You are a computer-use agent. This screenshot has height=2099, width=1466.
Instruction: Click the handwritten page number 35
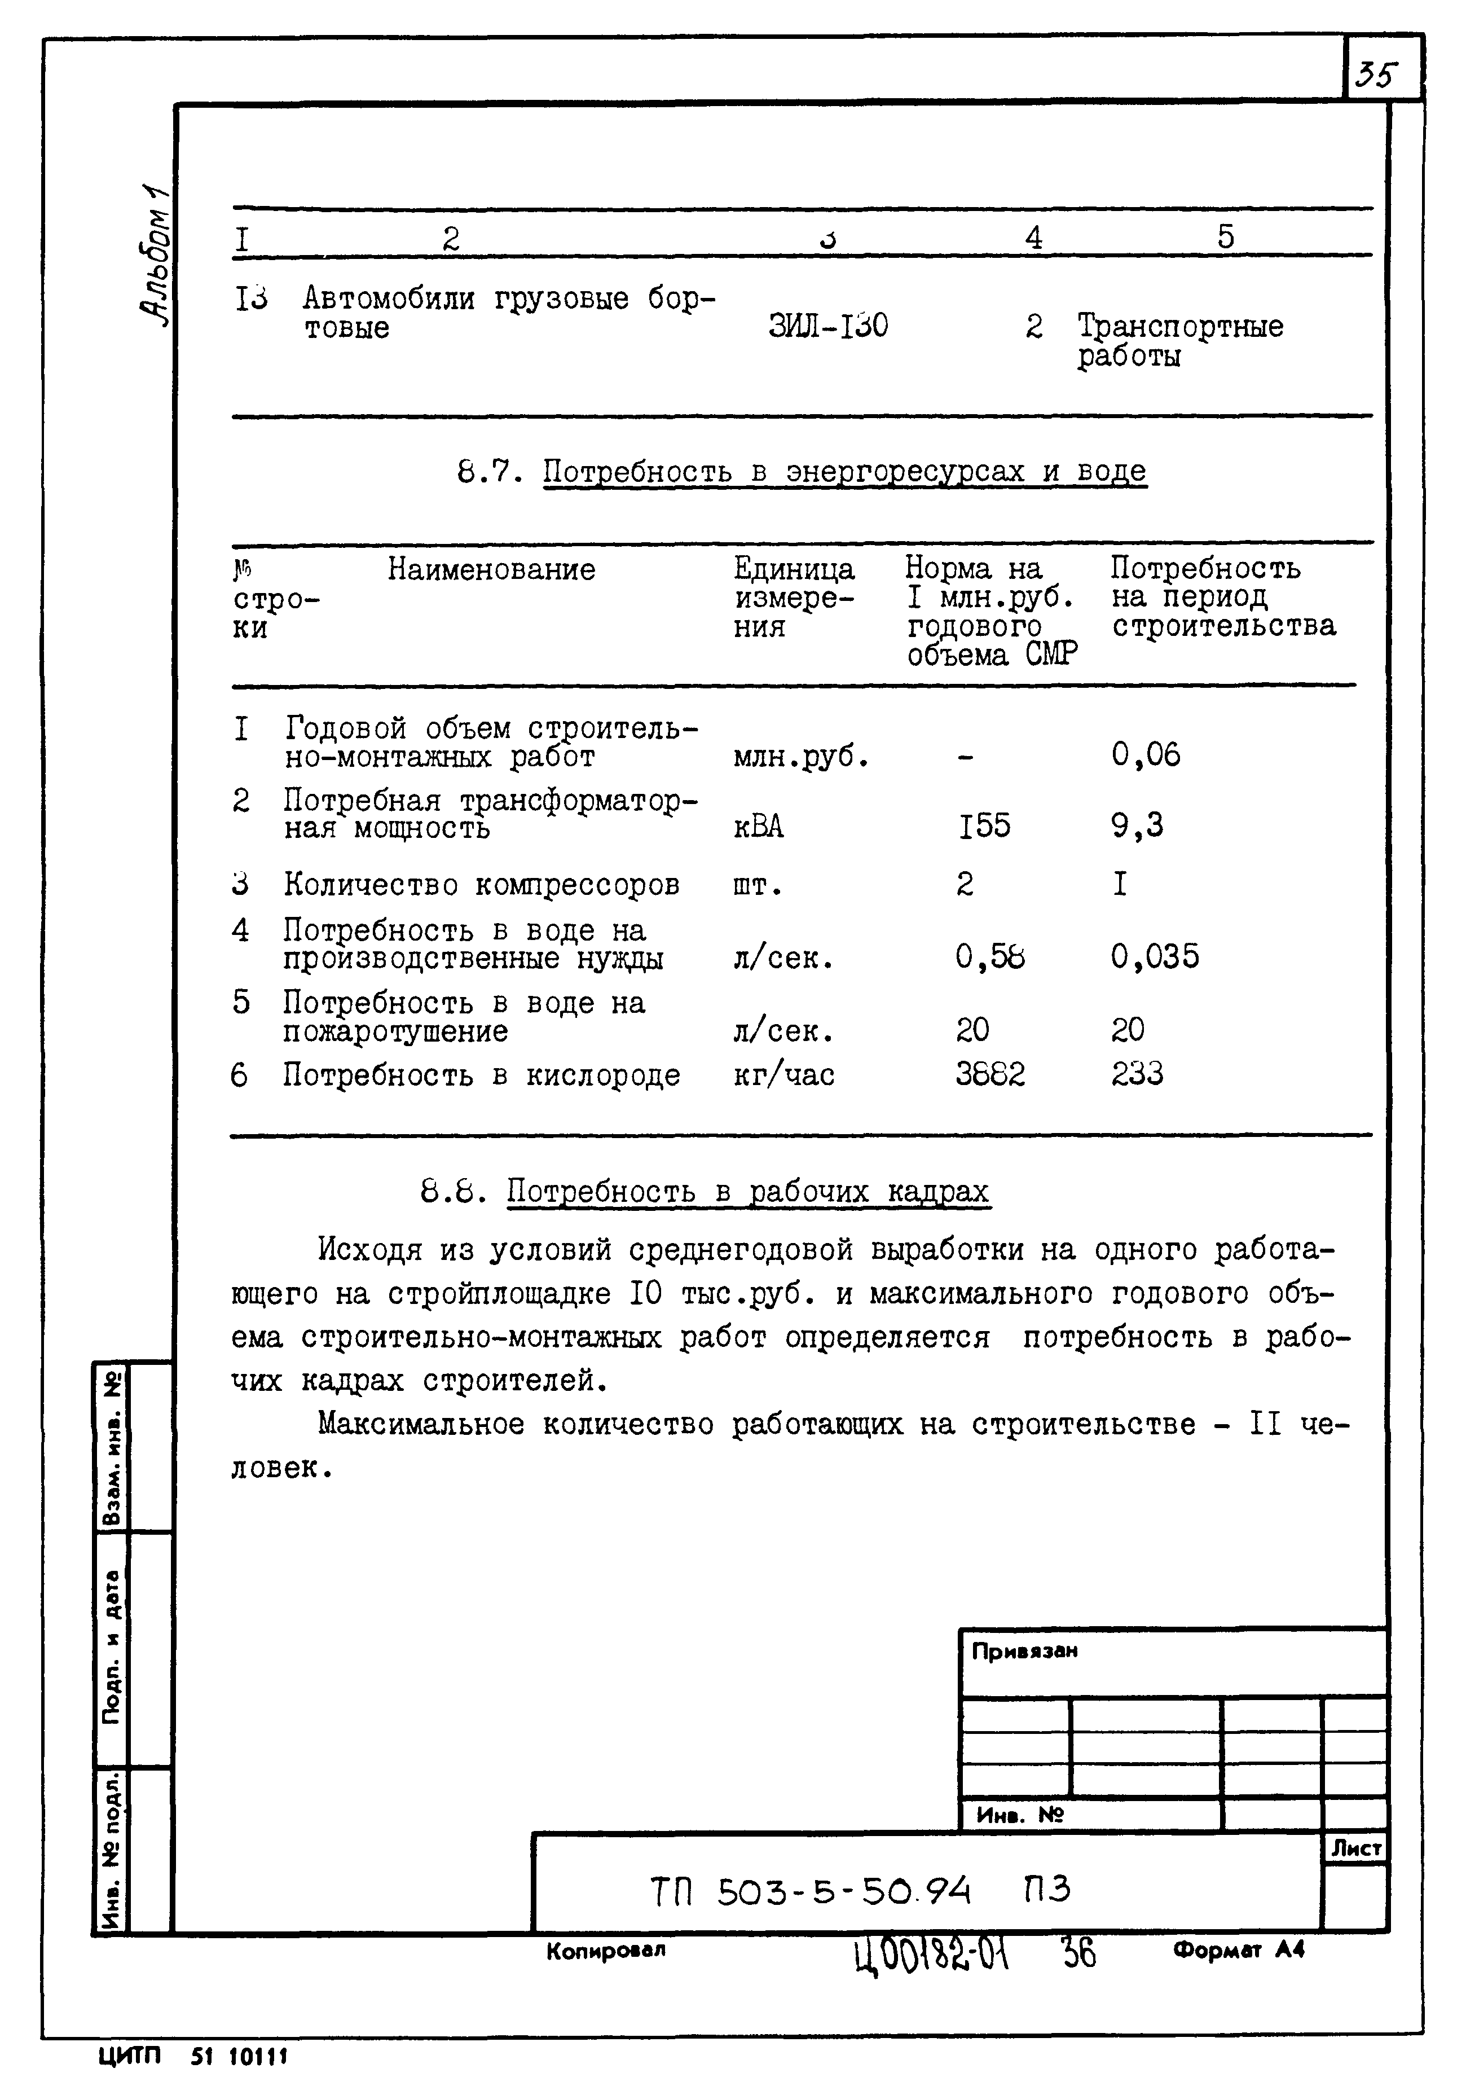click(1378, 73)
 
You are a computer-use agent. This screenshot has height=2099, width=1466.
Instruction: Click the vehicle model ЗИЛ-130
click(828, 326)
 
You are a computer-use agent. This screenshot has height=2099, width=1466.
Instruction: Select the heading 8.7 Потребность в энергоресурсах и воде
click(802, 472)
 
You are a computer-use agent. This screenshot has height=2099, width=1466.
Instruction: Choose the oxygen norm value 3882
click(990, 1074)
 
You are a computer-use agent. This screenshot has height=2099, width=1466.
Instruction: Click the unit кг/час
click(783, 1075)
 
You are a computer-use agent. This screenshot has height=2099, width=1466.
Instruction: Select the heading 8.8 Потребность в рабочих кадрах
click(704, 1192)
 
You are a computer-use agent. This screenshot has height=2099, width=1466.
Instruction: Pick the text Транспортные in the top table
click(1179, 326)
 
